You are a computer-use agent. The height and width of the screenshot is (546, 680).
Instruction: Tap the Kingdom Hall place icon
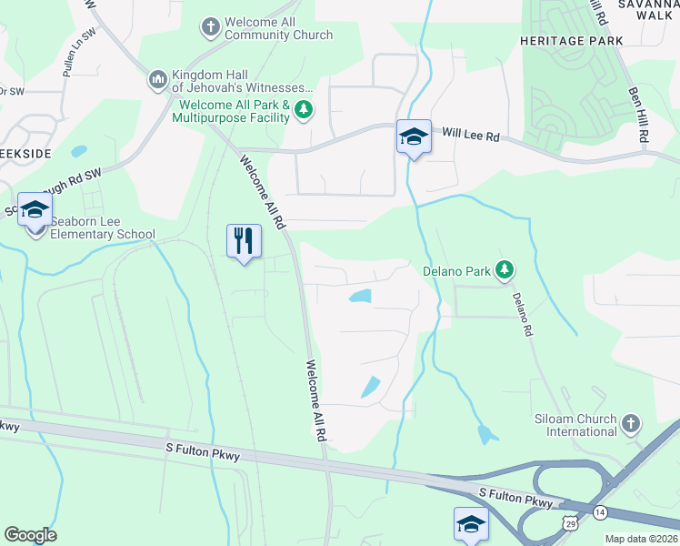(x=157, y=81)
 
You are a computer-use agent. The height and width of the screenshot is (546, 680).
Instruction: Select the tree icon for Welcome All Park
(x=304, y=112)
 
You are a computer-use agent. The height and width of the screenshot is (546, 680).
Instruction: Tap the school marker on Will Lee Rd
(x=414, y=137)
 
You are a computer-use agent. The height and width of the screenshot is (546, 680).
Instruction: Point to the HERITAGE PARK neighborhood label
(x=571, y=41)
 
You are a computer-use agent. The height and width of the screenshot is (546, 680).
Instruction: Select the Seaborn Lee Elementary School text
(x=103, y=227)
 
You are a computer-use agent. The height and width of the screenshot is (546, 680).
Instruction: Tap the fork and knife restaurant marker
(x=244, y=241)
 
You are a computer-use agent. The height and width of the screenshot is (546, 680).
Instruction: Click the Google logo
(x=30, y=534)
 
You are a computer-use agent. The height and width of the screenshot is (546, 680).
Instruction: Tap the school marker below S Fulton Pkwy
(x=471, y=524)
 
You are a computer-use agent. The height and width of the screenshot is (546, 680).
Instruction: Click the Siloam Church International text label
(x=575, y=425)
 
